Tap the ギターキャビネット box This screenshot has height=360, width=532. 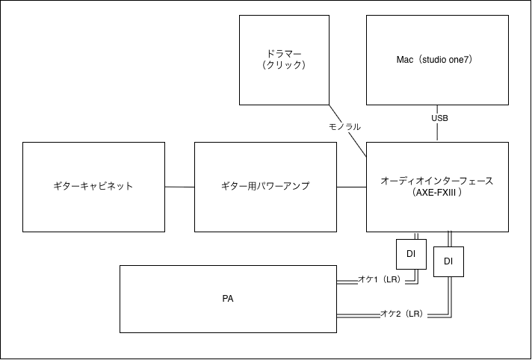[x=93, y=187]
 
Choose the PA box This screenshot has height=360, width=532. [x=228, y=299]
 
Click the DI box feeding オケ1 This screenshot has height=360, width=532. [x=411, y=254]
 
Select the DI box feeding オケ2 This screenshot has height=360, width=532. [x=448, y=261]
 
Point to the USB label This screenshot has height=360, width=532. [x=440, y=118]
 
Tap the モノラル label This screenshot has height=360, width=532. [x=344, y=127]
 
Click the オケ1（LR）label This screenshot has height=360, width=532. [x=380, y=279]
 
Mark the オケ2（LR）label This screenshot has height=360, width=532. [x=402, y=314]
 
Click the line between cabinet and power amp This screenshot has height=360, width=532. [x=179, y=187]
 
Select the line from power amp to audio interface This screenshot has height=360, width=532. [x=351, y=187]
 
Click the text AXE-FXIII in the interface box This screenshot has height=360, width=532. [x=437, y=193]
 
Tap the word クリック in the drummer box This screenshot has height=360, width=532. [x=284, y=65]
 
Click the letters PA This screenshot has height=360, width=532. [x=228, y=299]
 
